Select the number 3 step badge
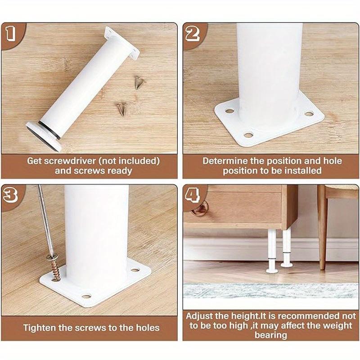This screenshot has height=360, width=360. pyautogui.click(x=10, y=195)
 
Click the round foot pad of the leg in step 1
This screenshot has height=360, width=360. pyautogui.click(x=43, y=136)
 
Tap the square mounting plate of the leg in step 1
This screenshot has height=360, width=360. pyautogui.click(x=122, y=44)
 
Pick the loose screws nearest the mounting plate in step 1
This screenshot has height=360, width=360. pyautogui.click(x=139, y=82)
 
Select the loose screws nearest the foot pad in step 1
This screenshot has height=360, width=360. pyautogui.click(x=121, y=109)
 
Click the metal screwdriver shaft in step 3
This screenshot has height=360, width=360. pyautogui.click(x=45, y=220)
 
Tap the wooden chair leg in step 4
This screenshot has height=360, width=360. pyautogui.click(x=323, y=227)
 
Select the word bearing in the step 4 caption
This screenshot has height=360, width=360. pyautogui.click(x=271, y=335)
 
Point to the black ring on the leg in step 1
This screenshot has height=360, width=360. pyautogui.click(x=49, y=130)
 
